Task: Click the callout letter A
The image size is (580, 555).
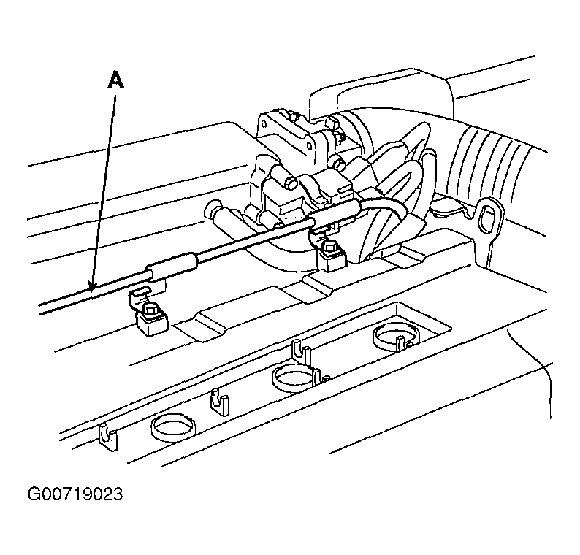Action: coord(115,80)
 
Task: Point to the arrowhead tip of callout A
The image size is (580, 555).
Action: coord(92,291)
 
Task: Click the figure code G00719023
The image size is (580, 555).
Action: coord(75,494)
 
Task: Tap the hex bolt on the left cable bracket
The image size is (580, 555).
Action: coord(151,309)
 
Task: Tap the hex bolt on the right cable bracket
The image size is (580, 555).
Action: coord(329,247)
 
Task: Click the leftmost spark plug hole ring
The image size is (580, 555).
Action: coord(173,427)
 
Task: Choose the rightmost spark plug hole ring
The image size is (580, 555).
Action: coord(397,335)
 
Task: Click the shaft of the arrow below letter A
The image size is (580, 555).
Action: coord(104,188)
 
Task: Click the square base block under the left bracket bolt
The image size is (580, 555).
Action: coord(153,324)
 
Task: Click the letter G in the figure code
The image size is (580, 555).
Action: coord(34,494)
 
